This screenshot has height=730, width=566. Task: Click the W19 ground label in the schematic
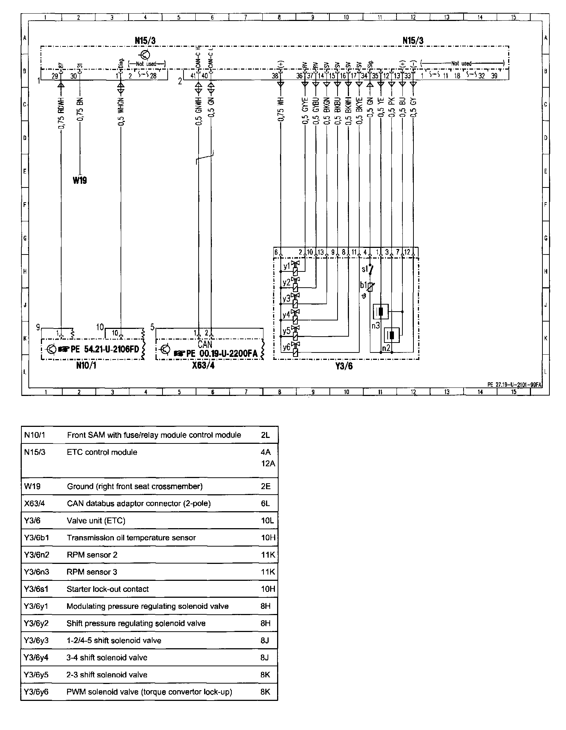[80, 180]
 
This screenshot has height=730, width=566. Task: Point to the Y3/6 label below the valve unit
[344, 366]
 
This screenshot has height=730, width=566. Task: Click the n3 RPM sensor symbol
[381, 312]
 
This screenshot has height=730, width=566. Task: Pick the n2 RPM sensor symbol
[392, 335]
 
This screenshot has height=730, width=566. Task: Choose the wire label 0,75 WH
[281, 109]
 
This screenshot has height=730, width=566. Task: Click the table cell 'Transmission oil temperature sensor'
[131, 538]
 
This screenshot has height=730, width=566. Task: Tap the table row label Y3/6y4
[36, 657]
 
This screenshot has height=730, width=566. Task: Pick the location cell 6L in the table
[265, 503]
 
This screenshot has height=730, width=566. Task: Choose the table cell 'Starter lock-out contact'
[108, 589]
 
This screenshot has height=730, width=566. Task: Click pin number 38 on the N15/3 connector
[275, 76]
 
